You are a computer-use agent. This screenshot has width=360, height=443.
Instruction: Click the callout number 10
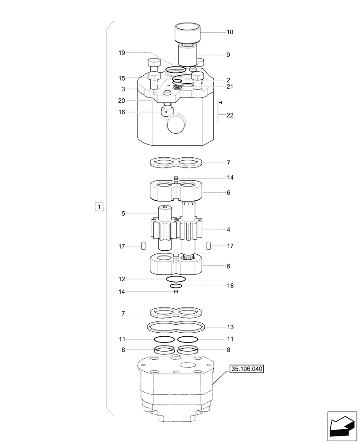click(x=230, y=32)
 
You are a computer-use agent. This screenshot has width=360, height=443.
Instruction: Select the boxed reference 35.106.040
click(x=246, y=369)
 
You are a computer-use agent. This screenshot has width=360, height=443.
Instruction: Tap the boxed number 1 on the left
click(x=100, y=207)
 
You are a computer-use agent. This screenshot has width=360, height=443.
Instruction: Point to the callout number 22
click(x=230, y=116)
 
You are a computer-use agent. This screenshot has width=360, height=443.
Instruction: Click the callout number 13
click(x=230, y=327)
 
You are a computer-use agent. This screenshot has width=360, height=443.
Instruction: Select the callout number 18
click(x=230, y=286)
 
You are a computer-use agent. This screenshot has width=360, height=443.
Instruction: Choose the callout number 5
click(x=123, y=214)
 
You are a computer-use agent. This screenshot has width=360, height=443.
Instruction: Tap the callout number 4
click(x=228, y=230)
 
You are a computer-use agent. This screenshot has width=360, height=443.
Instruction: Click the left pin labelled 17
click(x=143, y=246)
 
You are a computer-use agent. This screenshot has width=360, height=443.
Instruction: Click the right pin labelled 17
click(x=208, y=246)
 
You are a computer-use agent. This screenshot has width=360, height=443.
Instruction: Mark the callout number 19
click(x=121, y=53)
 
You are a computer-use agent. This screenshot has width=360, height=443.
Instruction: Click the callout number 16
click(x=121, y=113)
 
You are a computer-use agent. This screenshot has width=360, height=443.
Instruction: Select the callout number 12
click(x=121, y=279)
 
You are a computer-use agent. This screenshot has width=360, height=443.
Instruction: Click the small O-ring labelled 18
click(x=176, y=286)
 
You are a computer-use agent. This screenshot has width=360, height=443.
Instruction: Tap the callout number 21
click(x=230, y=87)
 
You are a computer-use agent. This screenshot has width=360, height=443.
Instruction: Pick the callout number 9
click(x=228, y=55)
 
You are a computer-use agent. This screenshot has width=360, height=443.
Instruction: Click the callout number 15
click(x=121, y=78)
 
